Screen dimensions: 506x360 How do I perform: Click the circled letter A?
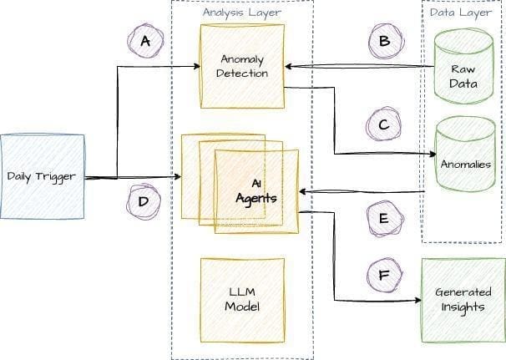145,41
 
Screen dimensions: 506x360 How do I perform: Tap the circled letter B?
386,41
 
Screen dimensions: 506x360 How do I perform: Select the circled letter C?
384,124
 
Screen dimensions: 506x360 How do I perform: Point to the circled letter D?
144,202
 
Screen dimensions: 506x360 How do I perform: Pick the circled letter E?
385,219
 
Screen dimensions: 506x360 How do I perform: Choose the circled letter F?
384,275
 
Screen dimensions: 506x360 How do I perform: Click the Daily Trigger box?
43,176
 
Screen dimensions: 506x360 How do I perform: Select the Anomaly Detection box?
242,66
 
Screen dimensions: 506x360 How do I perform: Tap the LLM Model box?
243,300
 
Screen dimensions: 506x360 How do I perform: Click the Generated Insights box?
463,300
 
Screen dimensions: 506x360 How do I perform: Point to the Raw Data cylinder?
463,66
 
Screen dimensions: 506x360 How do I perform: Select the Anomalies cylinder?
466,155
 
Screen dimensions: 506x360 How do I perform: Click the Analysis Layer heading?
242,13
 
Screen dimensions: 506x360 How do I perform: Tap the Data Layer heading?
461,13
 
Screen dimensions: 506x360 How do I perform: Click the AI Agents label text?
256,192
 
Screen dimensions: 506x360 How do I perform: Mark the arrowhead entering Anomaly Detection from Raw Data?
289,67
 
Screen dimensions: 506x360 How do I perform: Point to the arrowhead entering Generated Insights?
417,300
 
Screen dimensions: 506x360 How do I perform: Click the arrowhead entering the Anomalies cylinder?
433,154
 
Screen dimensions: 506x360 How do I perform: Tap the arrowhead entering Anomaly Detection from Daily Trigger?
197,67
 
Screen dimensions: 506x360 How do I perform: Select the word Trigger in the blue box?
56,177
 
